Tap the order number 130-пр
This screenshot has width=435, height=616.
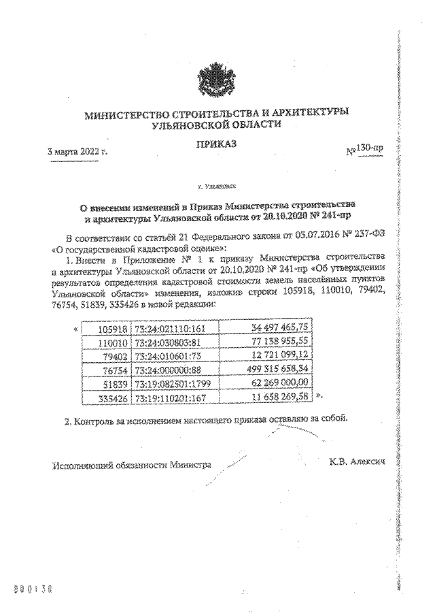click(366, 149)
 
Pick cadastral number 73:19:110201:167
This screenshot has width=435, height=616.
click(175, 393)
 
